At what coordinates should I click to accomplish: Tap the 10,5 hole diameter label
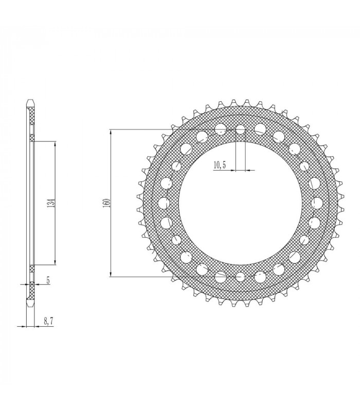(x=219, y=164)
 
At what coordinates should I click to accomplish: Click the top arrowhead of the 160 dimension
(x=111, y=131)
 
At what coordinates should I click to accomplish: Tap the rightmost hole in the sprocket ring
(x=317, y=202)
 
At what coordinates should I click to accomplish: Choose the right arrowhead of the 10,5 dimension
(x=245, y=169)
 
